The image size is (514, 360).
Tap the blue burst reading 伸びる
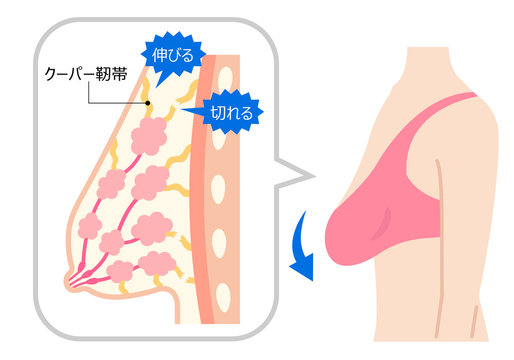(x=171, y=52)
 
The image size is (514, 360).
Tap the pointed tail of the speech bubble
(x=304, y=178)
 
